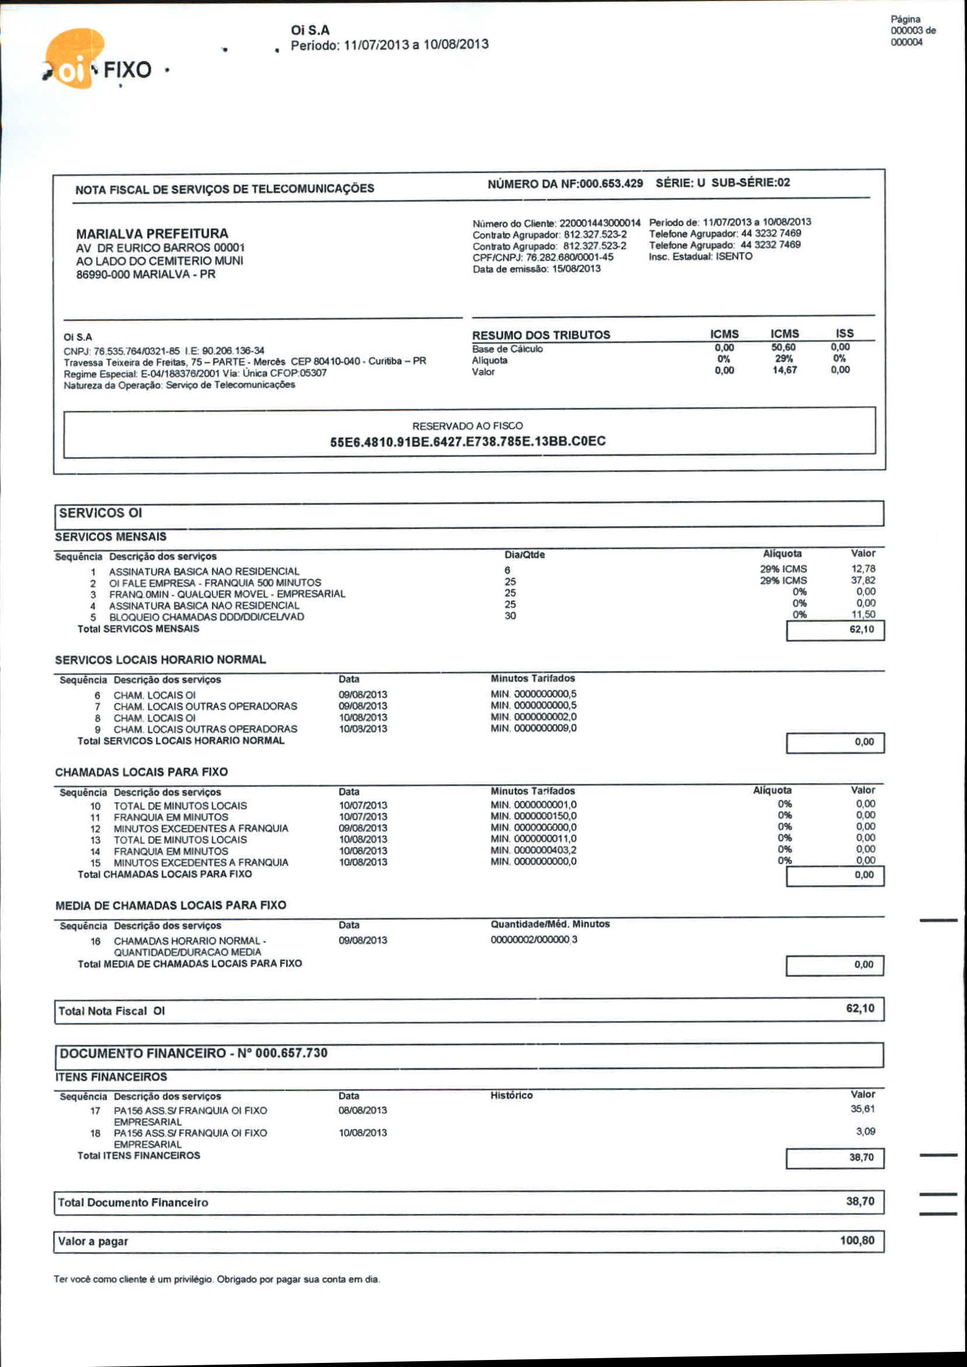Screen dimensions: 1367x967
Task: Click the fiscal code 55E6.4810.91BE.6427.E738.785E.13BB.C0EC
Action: tap(467, 442)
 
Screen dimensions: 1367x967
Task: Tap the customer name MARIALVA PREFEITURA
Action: tap(152, 234)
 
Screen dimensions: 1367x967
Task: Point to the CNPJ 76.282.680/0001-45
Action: tap(569, 257)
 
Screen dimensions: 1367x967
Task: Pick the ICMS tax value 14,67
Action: tap(784, 370)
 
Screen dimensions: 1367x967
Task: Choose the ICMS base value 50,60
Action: tap(784, 347)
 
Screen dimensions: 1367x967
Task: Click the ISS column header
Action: tap(844, 333)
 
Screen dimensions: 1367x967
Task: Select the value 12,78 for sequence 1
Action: tap(863, 569)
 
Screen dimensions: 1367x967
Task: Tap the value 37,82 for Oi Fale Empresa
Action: tap(863, 580)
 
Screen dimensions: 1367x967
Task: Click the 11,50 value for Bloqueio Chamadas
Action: tap(863, 614)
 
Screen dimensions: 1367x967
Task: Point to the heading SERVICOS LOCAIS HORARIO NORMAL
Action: tap(160, 660)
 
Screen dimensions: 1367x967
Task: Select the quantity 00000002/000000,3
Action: tap(534, 940)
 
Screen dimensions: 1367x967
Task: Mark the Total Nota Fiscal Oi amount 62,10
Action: tap(860, 1008)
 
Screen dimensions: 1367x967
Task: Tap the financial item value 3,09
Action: tap(865, 1131)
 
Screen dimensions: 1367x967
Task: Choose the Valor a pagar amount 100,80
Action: tap(857, 1241)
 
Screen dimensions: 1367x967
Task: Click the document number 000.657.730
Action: tap(291, 1053)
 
